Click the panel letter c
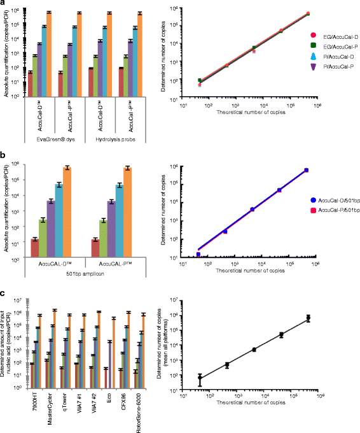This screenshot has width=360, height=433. pyautogui.click(x=3, y=294)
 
